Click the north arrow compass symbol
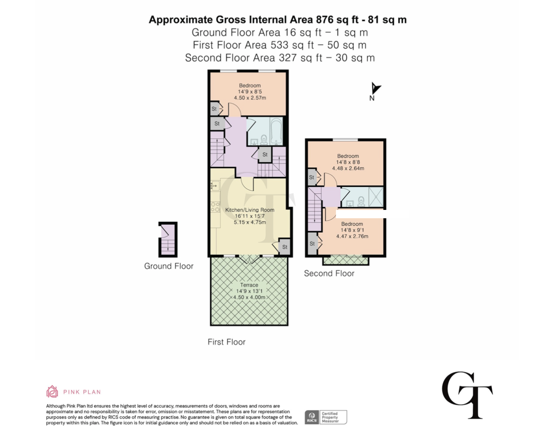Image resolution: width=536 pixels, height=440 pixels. click(375, 88)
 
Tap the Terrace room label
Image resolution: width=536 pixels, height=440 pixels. click(249, 285)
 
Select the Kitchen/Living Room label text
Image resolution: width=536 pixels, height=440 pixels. click(250, 210)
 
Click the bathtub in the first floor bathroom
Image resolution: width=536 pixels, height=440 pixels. click(276, 131)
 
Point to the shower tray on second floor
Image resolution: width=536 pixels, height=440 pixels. click(376, 197)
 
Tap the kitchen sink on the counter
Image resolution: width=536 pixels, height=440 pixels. click(215, 186)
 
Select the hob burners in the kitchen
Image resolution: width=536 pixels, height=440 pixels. click(215, 207)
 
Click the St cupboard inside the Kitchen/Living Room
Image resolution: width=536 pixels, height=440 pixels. click(284, 247)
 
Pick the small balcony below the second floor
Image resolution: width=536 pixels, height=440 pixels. click(346, 261)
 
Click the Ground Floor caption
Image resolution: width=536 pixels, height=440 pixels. click(169, 266)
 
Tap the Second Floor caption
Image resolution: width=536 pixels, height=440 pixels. click(329, 273)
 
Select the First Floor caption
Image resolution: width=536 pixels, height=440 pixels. click(226, 342)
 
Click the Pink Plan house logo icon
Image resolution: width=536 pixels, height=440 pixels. click(52, 391)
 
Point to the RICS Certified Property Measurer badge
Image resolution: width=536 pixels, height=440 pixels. click(326, 417)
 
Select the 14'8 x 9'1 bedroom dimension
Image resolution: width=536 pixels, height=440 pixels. click(352, 230)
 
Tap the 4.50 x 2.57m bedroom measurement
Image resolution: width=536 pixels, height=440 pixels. click(250, 98)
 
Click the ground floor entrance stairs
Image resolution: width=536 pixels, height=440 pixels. click(168, 246)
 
